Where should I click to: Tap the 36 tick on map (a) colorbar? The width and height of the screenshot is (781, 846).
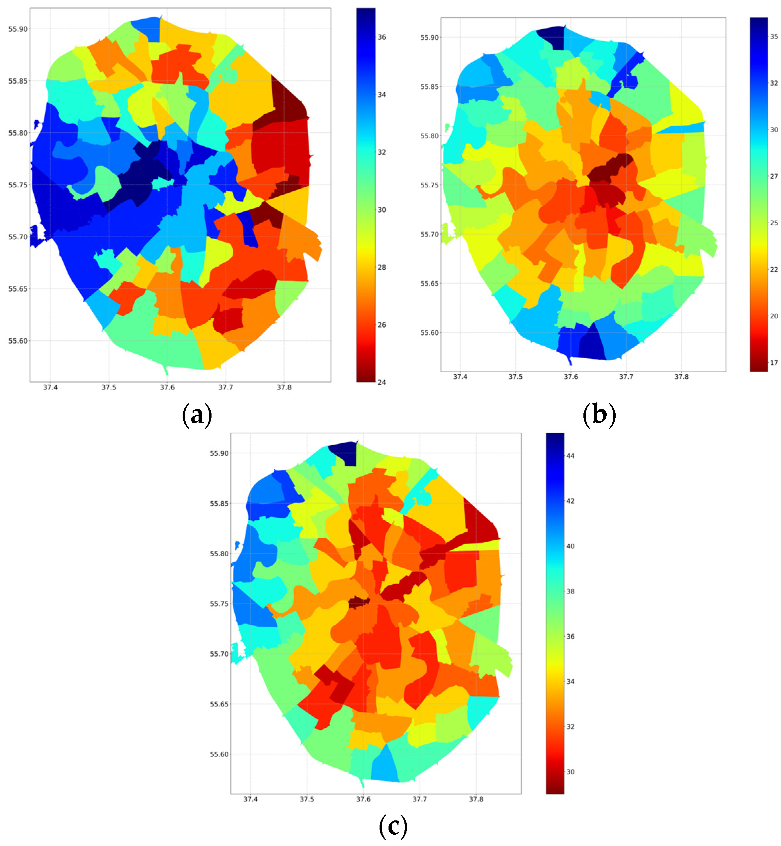pos(382,37)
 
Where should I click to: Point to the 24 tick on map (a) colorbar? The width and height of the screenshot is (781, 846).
pos(382,382)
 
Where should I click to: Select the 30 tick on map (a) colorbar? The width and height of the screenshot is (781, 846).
pos(382,210)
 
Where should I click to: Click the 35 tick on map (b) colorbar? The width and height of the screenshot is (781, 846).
pos(774,37)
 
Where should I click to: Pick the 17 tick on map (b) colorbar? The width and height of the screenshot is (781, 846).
pos(774,363)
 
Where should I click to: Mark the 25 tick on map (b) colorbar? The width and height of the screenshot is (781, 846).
pos(774,223)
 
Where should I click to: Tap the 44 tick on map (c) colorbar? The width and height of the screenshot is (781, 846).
pos(570,456)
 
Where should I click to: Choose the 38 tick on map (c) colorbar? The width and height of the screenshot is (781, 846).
pos(570,591)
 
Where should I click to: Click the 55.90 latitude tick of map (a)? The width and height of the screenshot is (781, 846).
pos(18,29)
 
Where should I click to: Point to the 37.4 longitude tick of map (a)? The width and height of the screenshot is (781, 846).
pos(50,387)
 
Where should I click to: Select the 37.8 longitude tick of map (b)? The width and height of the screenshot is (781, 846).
pos(681,376)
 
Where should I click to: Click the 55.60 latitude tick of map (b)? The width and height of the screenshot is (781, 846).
pos(429,333)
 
